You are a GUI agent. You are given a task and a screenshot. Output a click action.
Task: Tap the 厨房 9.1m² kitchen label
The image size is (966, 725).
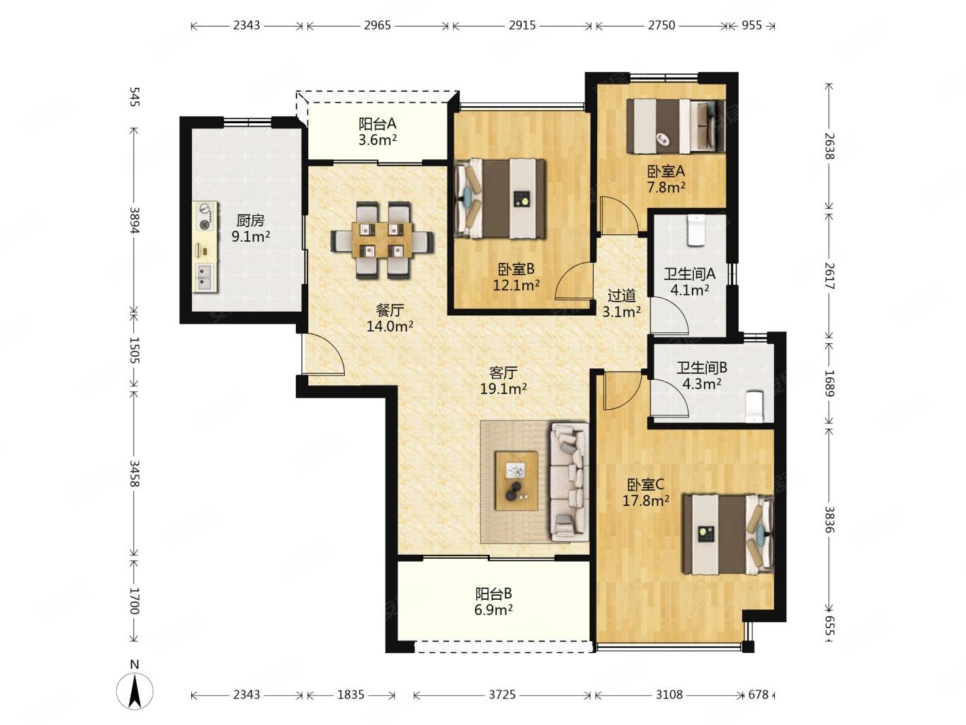tap(250, 228)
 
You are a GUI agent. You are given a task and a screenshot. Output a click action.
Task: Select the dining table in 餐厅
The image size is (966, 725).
tap(382, 240)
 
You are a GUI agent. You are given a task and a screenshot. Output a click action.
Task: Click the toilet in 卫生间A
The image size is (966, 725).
tap(696, 230)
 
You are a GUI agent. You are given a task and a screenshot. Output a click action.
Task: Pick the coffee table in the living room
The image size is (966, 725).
tap(516, 481)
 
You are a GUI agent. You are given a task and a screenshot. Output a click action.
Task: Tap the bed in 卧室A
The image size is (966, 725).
tap(676, 126)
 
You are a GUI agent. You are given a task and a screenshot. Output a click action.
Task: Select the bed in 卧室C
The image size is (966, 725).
tap(727, 534)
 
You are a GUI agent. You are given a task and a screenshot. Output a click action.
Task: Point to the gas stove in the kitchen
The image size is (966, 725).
tap(205, 216)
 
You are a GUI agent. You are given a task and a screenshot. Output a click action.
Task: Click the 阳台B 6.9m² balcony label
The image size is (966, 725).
tap(493, 601)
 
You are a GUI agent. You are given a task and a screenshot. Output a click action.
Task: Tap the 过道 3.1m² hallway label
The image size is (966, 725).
tap(621, 304)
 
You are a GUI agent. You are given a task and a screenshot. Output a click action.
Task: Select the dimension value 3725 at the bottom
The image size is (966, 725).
tap(501, 694)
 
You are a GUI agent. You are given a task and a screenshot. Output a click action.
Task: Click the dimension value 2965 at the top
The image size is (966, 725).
tap(377, 26)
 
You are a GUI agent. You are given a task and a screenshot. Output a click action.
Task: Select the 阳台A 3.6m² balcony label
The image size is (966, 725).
tap(377, 131)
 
